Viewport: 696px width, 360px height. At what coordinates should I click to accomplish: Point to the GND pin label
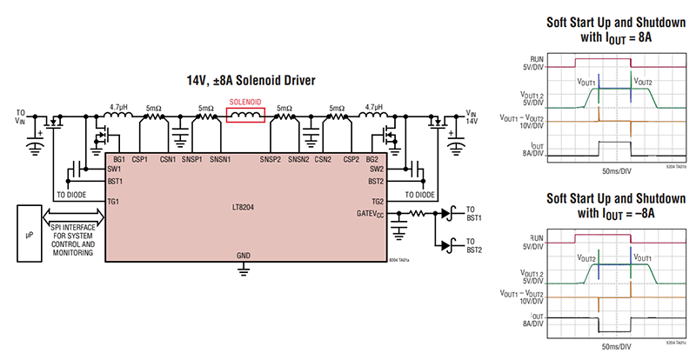click(245, 256)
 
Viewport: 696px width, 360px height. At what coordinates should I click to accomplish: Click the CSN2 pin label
click(323, 159)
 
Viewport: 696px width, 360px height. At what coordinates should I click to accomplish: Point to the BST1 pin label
click(115, 181)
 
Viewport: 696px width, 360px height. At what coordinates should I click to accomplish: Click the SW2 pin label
click(376, 169)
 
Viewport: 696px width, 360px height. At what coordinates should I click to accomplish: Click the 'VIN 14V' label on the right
click(470, 118)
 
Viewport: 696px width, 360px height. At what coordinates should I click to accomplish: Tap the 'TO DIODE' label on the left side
click(74, 195)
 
